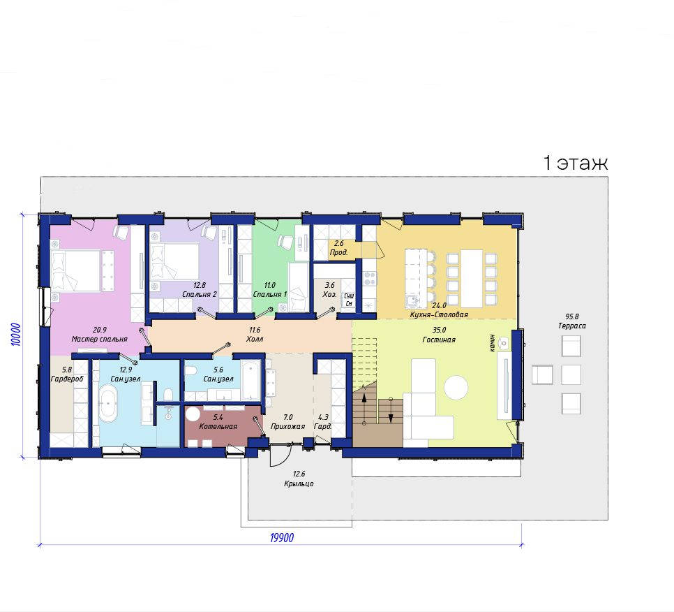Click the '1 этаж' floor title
[576, 163]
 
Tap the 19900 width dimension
[282, 538]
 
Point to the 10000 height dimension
[15, 335]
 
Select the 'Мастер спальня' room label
[99, 339]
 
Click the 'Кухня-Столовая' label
[439, 314]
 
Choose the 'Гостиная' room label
[439, 340]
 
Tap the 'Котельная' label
[218, 426]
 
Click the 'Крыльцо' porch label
[299, 483]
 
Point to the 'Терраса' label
[571, 326]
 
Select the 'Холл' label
[255, 339]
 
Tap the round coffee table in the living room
[456, 387]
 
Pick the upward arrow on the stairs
[364, 409]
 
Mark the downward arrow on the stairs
[391, 410]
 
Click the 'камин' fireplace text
[492, 343]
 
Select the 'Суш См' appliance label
[349, 300]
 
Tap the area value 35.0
[440, 330]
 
